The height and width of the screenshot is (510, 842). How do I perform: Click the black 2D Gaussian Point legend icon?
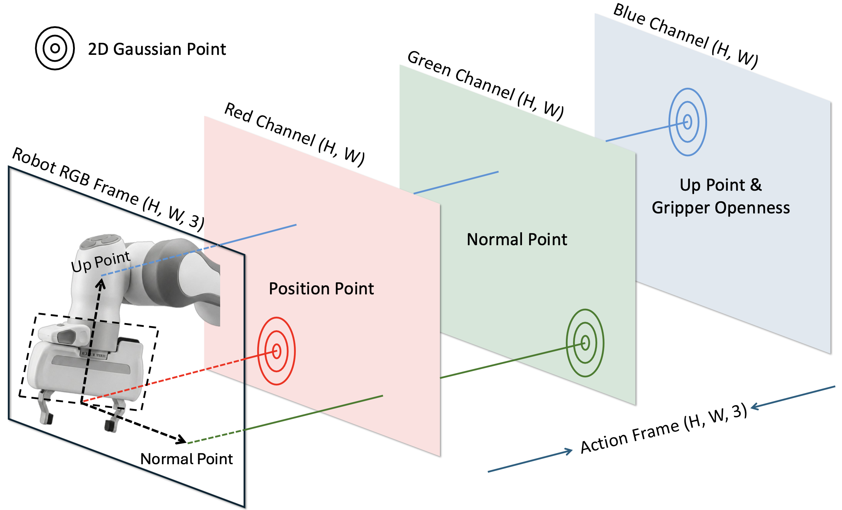click(55, 48)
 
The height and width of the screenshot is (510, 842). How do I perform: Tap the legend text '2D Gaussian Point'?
click(157, 49)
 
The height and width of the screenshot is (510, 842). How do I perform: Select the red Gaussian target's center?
click(277, 351)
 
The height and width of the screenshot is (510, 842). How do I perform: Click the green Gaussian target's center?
click(585, 343)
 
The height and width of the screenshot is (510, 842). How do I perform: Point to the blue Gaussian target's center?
click(688, 122)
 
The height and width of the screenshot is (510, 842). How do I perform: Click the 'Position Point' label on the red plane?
click(321, 289)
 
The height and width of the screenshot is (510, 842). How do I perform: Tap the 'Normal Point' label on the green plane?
click(517, 239)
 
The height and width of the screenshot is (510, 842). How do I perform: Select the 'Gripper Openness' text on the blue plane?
click(721, 208)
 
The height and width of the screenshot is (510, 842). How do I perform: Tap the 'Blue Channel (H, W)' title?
click(685, 36)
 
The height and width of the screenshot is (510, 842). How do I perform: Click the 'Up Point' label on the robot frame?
click(101, 261)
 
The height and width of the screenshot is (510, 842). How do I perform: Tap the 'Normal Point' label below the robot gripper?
click(186, 459)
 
